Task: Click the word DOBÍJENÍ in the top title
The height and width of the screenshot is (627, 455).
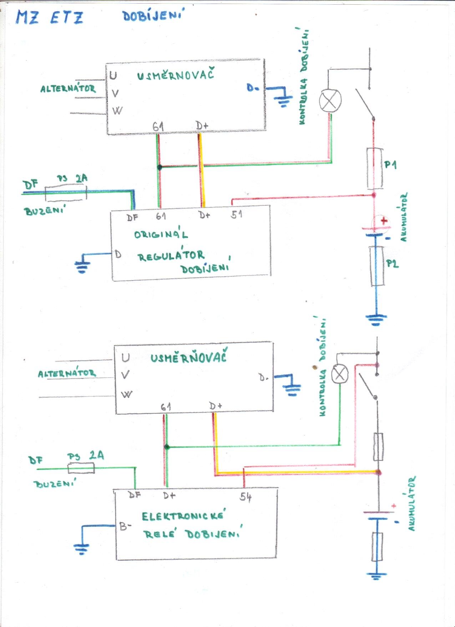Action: point(153,16)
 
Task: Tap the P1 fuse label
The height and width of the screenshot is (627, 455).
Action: point(390,165)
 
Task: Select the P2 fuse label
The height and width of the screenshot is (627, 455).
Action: point(392,264)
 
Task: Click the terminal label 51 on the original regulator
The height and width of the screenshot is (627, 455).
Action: point(236,214)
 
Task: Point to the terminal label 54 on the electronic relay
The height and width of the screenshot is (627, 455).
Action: point(246,497)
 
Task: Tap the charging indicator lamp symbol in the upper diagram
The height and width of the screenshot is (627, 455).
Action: point(330,100)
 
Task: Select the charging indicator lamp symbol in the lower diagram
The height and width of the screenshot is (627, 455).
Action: point(340,374)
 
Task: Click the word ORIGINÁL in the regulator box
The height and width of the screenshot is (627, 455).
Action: point(161,235)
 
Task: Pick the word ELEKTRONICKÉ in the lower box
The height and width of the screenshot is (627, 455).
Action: point(183,516)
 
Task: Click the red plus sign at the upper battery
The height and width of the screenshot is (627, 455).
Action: point(384,220)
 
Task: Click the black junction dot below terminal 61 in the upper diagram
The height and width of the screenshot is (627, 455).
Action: point(160,167)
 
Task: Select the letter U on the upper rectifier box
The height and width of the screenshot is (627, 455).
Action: point(113,76)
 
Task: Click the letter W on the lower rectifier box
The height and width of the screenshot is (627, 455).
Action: point(126,394)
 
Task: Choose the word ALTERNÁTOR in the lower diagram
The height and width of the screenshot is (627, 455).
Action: point(67,374)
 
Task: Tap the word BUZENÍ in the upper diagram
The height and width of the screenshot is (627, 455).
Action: point(44,211)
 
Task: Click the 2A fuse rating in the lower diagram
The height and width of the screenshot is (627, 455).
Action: point(96,456)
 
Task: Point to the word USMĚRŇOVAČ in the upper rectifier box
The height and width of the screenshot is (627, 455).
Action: point(175,75)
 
